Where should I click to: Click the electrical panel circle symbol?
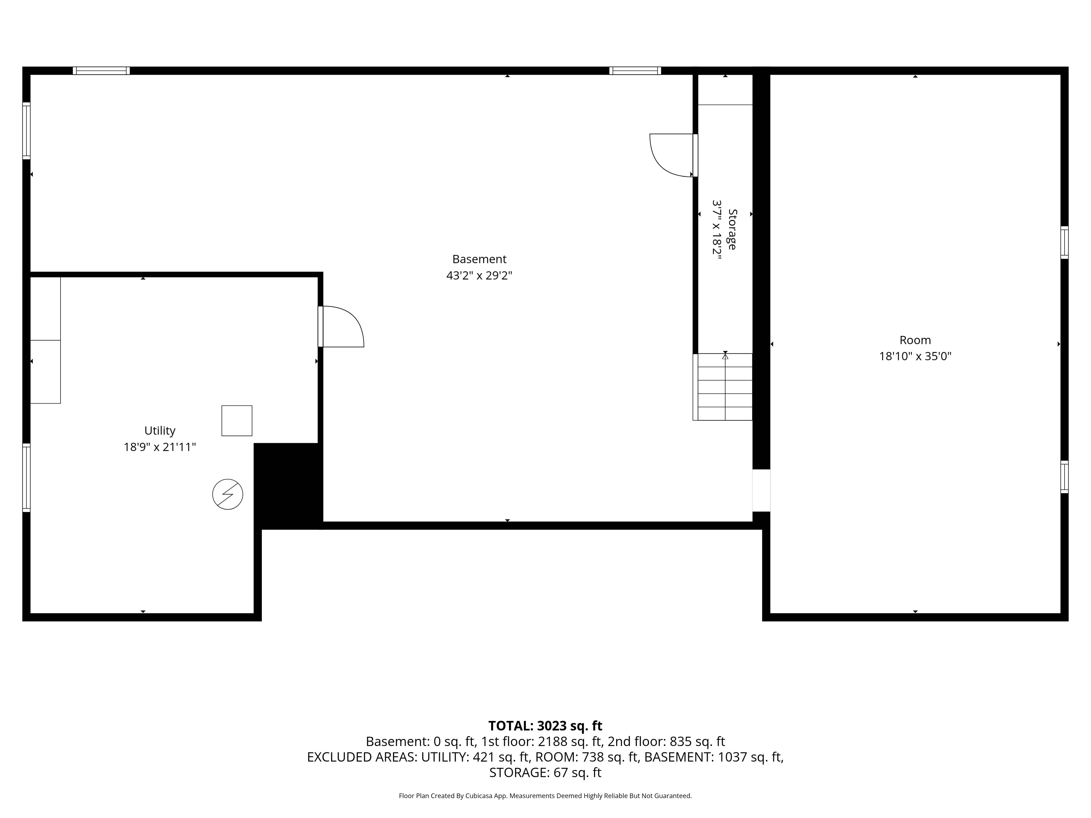(227, 494)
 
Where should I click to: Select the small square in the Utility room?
(237, 421)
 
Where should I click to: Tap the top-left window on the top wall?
(101, 70)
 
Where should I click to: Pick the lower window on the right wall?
(1064, 477)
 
